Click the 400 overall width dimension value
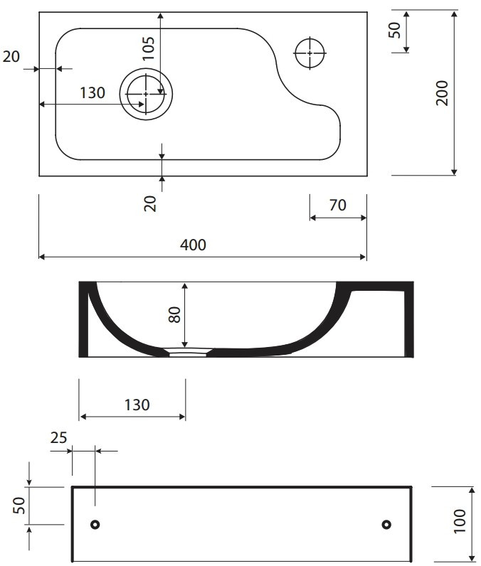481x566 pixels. pos(194,245)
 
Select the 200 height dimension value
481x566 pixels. pos(442,93)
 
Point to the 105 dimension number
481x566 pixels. pos(148,48)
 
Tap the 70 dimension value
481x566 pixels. pos(338,205)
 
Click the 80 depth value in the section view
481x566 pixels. pos(174,314)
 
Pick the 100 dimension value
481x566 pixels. pos(460,521)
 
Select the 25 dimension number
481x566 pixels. pos(58,437)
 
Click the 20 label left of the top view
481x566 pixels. pos(11,57)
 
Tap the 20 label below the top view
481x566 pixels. pos(150,204)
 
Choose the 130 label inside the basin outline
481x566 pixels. pos(92,92)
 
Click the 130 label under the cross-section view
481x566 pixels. pos(137,405)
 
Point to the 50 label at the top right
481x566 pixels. pos(395,30)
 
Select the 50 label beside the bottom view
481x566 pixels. pos(19,506)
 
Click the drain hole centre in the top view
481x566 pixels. pos(146,94)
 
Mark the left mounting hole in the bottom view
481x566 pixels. pos(95,524)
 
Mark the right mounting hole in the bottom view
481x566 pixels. pos(386,524)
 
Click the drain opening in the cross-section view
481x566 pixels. pos(188,352)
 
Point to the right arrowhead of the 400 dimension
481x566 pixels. pos(364,257)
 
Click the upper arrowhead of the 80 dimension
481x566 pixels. pos(185,287)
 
